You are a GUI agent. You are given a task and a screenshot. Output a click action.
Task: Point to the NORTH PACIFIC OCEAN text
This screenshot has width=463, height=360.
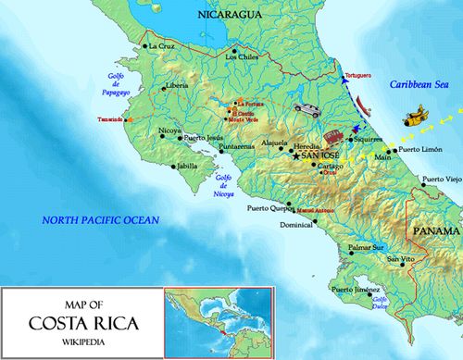(x=100, y=219)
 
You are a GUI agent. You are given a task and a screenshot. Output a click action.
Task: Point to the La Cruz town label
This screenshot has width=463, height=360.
(x=161, y=45)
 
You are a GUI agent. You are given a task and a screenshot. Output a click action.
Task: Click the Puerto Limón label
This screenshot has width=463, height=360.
(x=422, y=150)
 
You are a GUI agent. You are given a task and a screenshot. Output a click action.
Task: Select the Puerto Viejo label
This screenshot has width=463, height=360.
(x=441, y=179)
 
